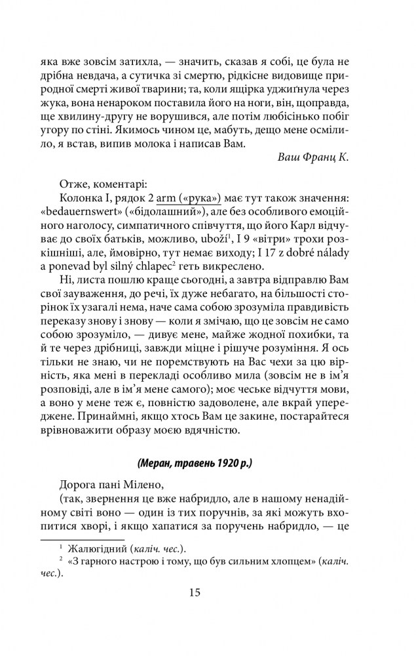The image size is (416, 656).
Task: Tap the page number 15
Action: (x=195, y=592)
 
